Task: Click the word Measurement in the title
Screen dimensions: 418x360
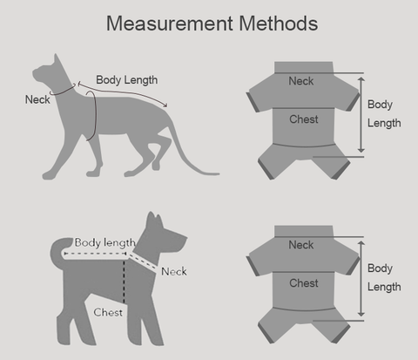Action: tap(170, 24)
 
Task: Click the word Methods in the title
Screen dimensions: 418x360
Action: tap(279, 24)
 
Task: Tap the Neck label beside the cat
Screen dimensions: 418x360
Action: tap(37, 99)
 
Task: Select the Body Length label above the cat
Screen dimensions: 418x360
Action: tap(127, 80)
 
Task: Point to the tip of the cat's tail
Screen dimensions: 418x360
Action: tap(219, 174)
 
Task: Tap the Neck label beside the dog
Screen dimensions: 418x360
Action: tap(174, 272)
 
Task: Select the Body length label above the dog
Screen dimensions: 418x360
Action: tap(105, 243)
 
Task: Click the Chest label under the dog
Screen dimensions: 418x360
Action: tap(108, 313)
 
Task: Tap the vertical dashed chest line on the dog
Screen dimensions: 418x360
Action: tap(124, 282)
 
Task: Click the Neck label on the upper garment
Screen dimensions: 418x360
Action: tap(301, 81)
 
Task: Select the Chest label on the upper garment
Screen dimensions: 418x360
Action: tap(304, 119)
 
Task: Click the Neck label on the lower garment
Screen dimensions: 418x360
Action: tap(301, 245)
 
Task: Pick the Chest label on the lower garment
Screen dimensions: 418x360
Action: tap(304, 283)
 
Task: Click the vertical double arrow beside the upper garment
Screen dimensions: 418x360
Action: tap(361, 115)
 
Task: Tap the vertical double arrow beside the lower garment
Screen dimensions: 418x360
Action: tap(361, 279)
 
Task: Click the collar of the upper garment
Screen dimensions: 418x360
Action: tap(304, 67)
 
